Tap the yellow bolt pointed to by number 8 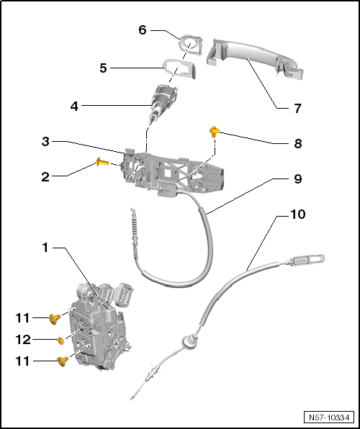pos(215,131)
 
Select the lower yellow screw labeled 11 pos(63,361)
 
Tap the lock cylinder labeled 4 pos(163,101)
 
